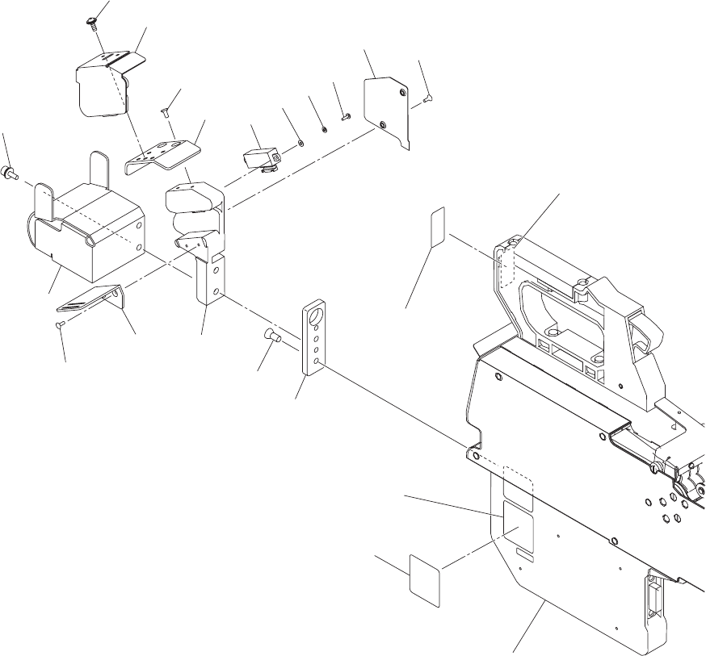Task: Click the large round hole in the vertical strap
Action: pos(315,311)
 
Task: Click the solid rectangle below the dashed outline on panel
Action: pos(514,517)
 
